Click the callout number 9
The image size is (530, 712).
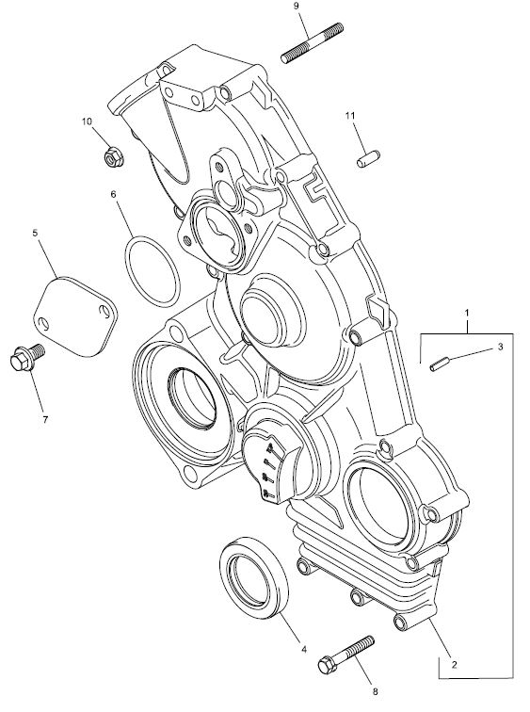coord(297,6)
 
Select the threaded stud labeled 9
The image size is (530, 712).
coord(313,43)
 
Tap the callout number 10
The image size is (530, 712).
coord(87,121)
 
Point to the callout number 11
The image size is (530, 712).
coord(349,116)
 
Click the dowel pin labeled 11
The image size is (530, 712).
coord(368,158)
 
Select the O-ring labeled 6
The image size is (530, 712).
coord(153,270)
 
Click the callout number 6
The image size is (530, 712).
coord(114,194)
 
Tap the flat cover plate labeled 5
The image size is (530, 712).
coord(75,316)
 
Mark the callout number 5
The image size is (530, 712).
coord(36,233)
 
